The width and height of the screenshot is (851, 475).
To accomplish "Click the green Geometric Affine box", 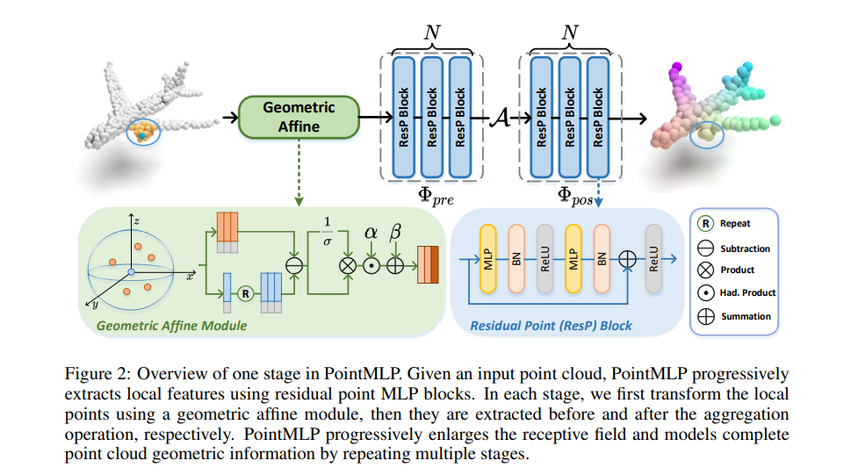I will [x=299, y=117].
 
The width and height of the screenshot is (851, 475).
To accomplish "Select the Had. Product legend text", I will [x=747, y=292].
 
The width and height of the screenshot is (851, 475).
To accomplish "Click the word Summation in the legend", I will [x=746, y=316].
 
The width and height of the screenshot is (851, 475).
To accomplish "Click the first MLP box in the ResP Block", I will [x=487, y=259].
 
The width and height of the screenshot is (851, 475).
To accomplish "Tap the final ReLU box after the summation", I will [x=653, y=259].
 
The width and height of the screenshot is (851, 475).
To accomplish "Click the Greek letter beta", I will [x=395, y=233].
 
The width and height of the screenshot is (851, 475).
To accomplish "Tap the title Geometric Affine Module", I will [x=171, y=326].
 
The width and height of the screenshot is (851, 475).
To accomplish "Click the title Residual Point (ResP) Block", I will [x=551, y=326].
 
